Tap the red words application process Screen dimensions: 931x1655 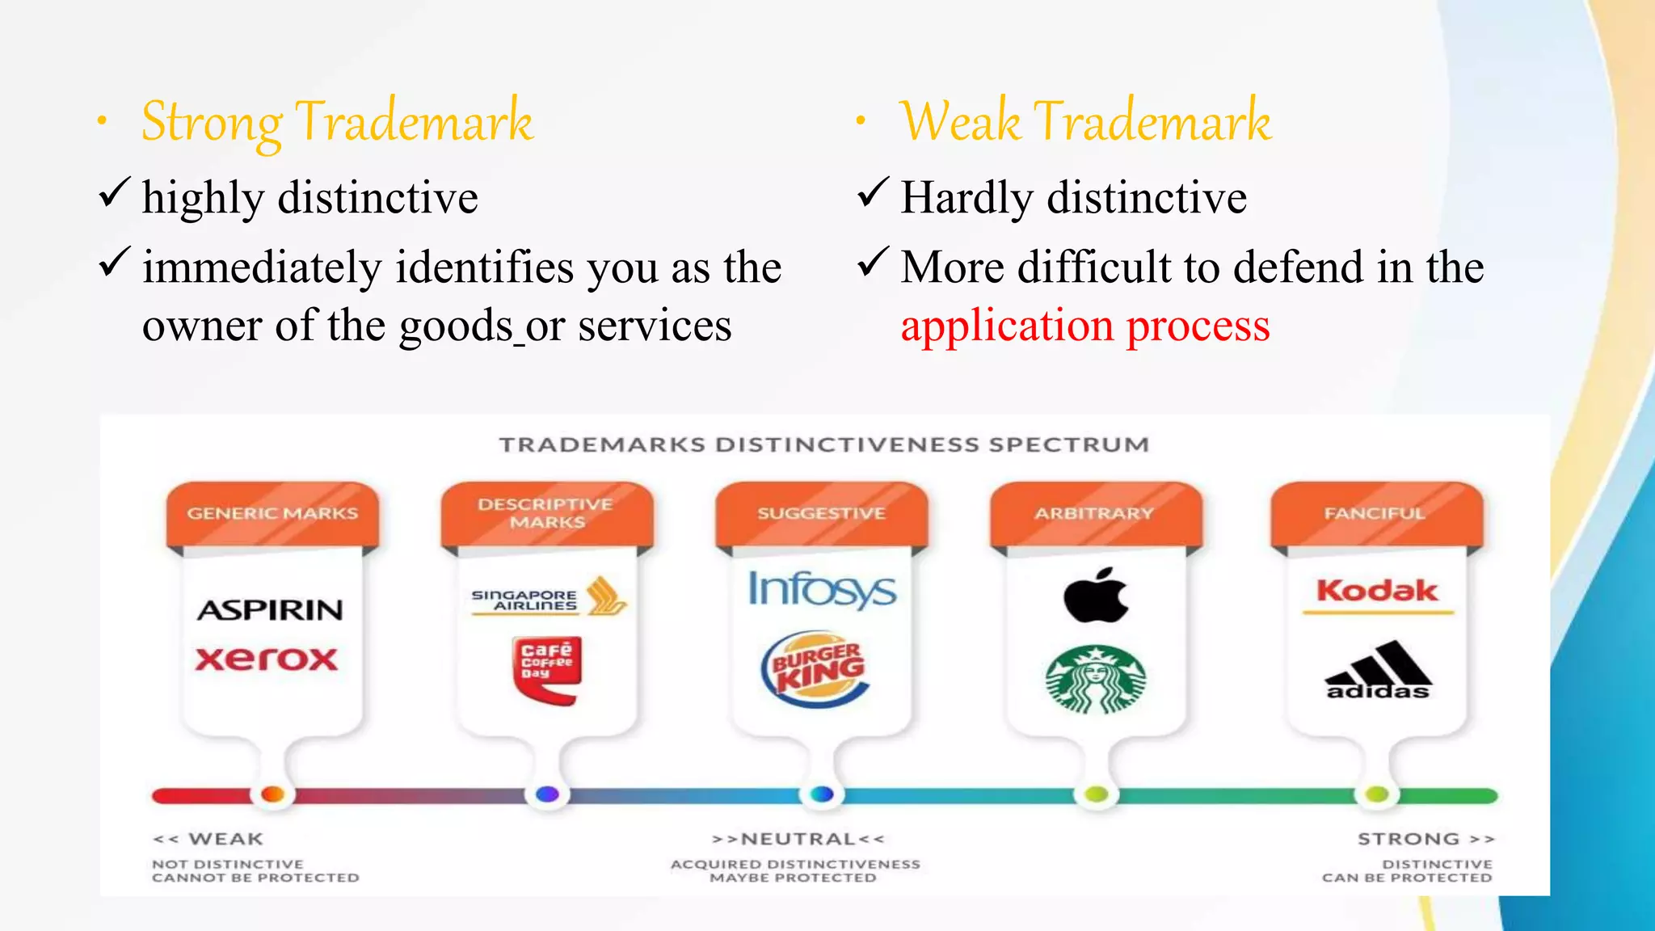[x=1084, y=326]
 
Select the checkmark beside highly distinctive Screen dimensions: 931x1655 [x=114, y=194]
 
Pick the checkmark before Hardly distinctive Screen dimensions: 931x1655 [x=873, y=194]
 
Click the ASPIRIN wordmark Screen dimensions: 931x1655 [x=270, y=610]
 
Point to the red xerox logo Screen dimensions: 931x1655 [x=266, y=659]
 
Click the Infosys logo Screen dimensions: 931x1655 [x=822, y=589]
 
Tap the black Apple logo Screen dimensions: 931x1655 [x=1096, y=596]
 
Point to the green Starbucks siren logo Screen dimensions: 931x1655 [x=1096, y=679]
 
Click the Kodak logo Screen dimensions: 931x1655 [x=1377, y=591]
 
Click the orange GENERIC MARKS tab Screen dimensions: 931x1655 [x=272, y=514]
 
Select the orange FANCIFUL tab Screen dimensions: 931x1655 [x=1375, y=514]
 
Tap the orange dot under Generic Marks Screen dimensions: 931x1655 [x=273, y=794]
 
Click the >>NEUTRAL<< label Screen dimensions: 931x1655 [x=798, y=839]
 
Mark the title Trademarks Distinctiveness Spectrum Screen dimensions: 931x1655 [x=823, y=445]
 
